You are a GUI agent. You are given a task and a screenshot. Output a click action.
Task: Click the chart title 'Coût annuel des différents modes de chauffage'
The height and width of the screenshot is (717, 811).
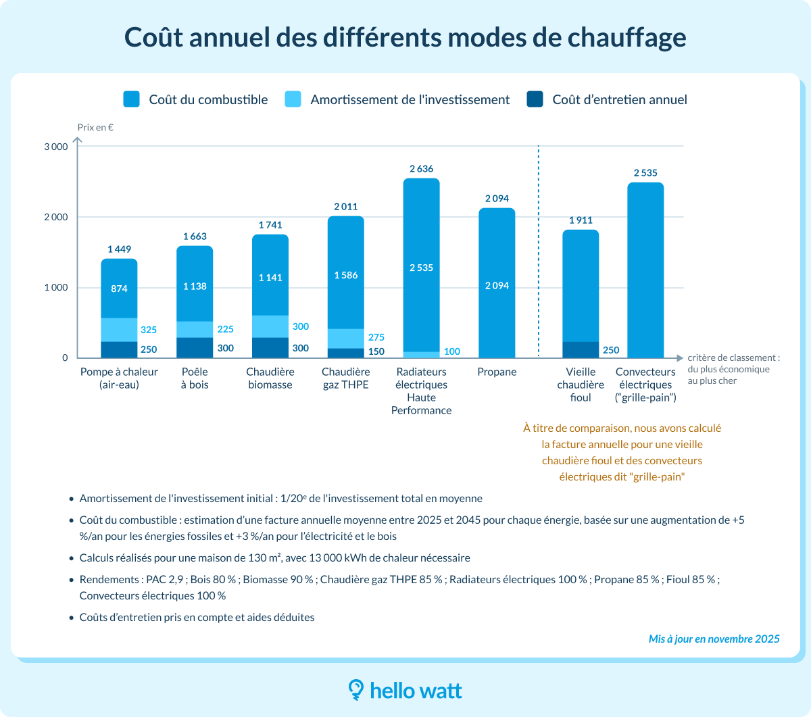405,37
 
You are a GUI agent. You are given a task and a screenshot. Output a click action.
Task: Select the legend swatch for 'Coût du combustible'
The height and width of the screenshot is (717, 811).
131,99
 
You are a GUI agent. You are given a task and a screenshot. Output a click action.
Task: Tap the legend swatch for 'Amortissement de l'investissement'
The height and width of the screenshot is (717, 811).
293,99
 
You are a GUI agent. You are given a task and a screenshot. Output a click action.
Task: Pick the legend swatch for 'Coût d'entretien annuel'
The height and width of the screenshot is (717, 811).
535,99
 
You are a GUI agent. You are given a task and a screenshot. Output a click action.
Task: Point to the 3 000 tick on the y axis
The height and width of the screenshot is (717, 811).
55,147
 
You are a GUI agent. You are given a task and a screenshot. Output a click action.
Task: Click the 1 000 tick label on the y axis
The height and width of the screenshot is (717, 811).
55,287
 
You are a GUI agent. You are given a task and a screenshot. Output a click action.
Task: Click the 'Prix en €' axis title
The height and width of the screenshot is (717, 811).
95,127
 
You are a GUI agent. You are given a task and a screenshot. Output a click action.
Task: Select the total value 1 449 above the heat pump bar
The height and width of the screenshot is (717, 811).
119,249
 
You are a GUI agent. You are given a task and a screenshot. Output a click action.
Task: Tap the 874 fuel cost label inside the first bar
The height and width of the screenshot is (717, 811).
119,289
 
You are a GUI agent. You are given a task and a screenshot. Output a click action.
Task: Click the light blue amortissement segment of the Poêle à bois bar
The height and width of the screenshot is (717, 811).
195,329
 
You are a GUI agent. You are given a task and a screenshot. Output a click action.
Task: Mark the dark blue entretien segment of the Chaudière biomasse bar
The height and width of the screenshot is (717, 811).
270,347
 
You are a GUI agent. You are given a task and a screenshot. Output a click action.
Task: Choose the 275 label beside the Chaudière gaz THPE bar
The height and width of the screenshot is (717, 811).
376,337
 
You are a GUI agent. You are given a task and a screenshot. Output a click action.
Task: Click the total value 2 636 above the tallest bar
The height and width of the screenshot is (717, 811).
421,169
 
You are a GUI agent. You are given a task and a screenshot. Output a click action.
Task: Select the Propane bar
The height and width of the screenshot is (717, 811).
497,284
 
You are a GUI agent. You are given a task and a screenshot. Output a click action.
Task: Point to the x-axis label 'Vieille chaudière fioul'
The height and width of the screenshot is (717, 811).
581,385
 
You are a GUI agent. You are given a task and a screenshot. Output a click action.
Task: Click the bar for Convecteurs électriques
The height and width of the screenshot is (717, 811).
645,270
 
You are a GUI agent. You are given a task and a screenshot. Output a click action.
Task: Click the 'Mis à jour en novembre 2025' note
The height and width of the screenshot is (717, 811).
714,639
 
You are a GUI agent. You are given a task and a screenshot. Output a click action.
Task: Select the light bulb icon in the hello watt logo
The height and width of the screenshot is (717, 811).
356,689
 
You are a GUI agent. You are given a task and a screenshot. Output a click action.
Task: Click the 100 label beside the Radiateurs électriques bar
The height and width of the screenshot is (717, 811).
452,351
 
